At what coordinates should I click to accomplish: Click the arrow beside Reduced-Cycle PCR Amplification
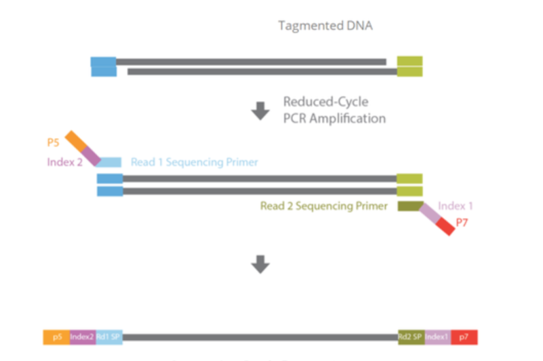261,111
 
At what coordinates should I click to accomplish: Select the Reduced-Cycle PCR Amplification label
334,110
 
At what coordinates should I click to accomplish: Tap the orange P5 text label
54,142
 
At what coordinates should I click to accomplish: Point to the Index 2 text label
64,162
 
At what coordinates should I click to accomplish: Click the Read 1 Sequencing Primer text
194,163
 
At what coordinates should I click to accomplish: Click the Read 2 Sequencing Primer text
324,206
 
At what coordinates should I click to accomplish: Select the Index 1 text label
455,206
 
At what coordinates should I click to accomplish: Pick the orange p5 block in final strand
56,337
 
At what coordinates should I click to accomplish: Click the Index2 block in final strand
82,337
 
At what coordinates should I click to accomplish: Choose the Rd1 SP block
109,337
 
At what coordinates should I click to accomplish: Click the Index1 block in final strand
437,337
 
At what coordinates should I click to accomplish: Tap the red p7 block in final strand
464,337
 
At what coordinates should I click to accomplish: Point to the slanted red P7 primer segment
445,227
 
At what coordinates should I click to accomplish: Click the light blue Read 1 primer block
109,162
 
